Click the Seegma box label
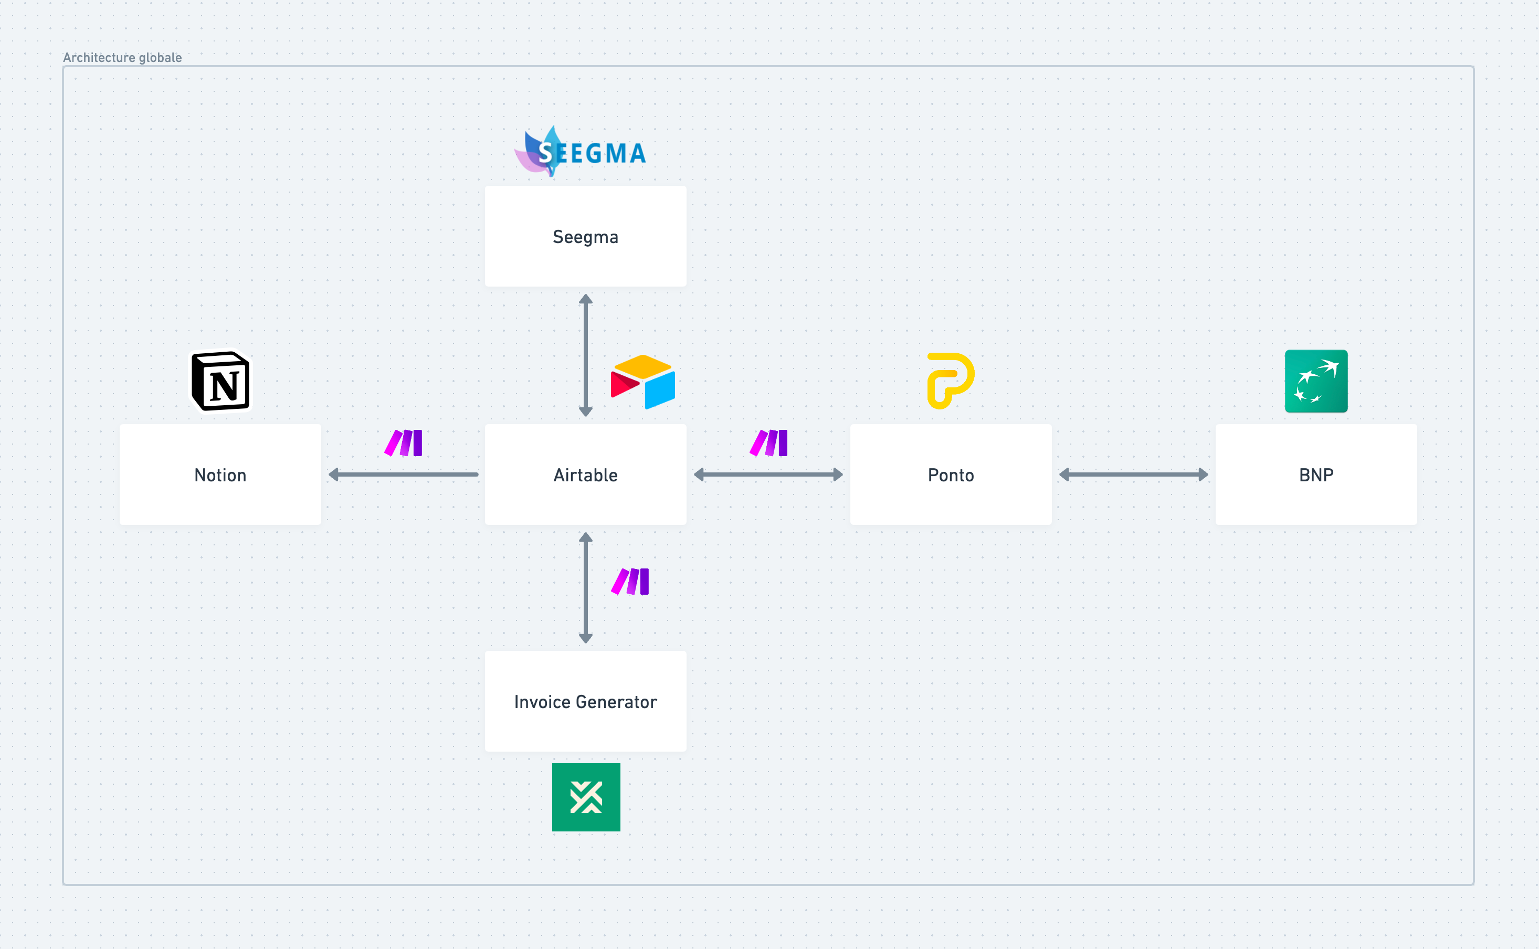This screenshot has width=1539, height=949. tap(585, 237)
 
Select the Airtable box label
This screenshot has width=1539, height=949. tap(585, 475)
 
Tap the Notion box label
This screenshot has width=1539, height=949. tap(220, 475)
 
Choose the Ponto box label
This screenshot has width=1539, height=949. tap(950, 475)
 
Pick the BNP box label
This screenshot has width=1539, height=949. tap(1315, 475)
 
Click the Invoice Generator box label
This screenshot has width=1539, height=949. tap(585, 702)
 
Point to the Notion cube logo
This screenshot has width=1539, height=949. tap(220, 381)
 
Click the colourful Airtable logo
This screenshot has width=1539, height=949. tap(642, 382)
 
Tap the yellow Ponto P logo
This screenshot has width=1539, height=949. tap(950, 381)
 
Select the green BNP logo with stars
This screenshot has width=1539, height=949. tap(1315, 381)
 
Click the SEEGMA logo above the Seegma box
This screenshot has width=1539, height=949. tap(581, 152)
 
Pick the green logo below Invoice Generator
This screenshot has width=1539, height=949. tap(586, 797)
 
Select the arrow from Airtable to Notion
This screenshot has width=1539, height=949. tap(403, 474)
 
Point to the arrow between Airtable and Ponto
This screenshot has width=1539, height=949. tap(768, 474)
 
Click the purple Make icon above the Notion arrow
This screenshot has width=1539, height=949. tap(404, 443)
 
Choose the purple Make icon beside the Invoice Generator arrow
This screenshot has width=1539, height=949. tap(630, 582)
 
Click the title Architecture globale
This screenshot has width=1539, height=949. tap(122, 58)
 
